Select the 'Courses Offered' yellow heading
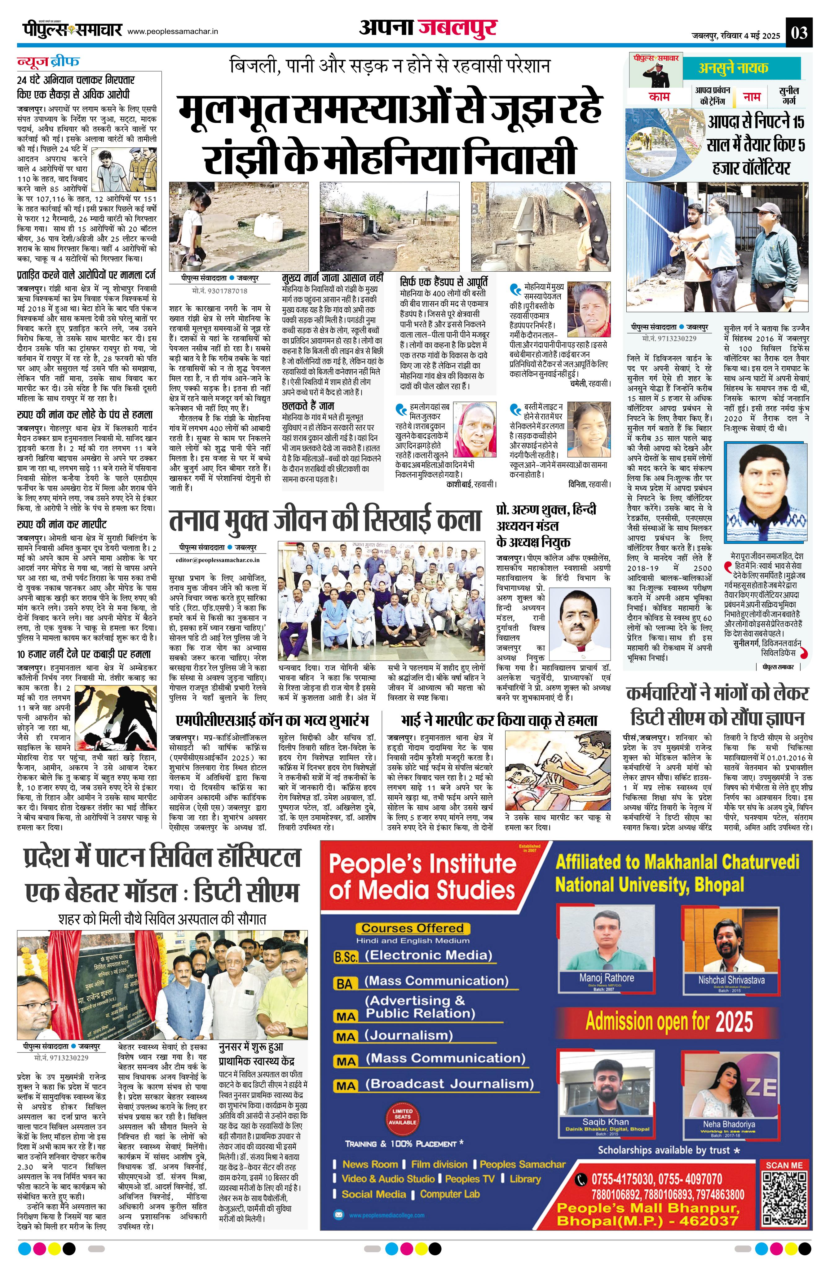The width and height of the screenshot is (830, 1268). (x=413, y=928)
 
